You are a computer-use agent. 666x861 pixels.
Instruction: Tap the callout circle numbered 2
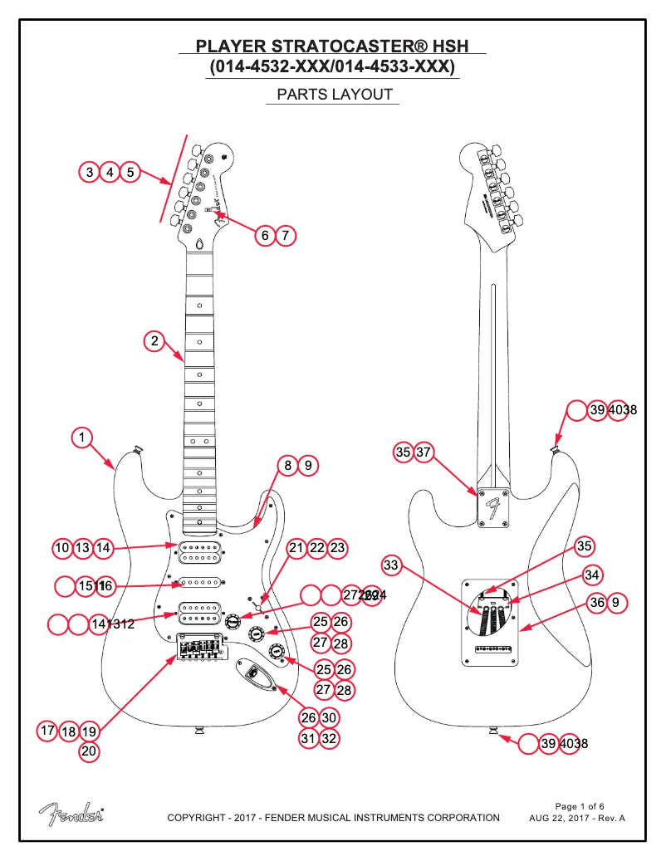[x=153, y=340]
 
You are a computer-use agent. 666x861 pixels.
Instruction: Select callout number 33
[x=392, y=565]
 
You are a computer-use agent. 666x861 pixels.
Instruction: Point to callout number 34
[x=591, y=575]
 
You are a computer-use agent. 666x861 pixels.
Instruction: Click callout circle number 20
[x=89, y=751]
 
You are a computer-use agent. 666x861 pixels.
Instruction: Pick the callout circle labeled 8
[x=287, y=466]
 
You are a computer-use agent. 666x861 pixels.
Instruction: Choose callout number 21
[x=297, y=548]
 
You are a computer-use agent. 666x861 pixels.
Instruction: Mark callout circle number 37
[x=424, y=452]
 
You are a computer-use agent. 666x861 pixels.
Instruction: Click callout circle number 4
[x=110, y=173]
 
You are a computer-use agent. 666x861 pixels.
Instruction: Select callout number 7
[x=285, y=235]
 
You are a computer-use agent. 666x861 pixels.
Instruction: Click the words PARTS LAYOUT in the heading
[x=334, y=95]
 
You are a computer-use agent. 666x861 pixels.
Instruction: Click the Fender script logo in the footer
[x=71, y=815]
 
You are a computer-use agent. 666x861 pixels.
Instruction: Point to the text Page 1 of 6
[x=579, y=806]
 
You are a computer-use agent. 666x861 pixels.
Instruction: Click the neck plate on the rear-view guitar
[x=494, y=506]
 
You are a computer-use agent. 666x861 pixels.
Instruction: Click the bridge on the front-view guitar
[x=201, y=648]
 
